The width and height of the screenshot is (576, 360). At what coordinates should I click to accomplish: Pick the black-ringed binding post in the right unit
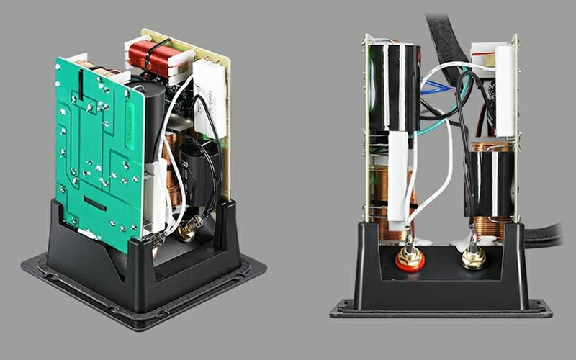coord(474,256)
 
